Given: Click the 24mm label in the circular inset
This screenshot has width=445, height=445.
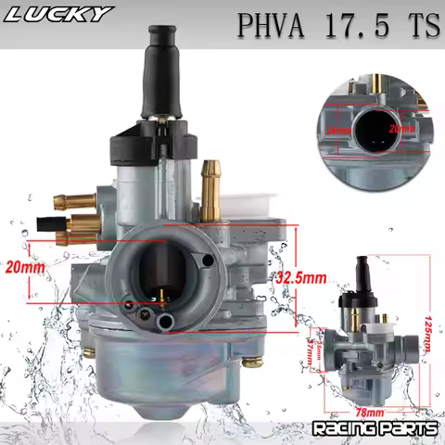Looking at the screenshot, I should [x=337, y=131].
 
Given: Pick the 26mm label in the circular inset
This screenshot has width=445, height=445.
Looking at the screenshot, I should [x=400, y=128].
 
